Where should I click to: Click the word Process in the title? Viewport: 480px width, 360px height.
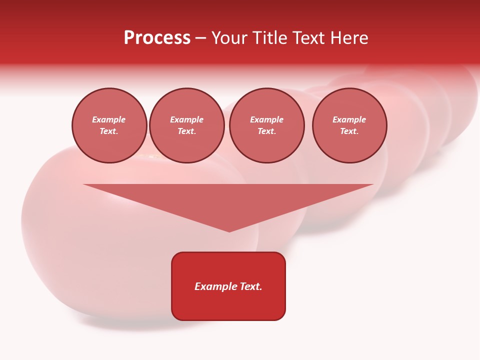tap(157, 38)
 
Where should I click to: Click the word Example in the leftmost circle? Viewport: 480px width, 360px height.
tap(109, 119)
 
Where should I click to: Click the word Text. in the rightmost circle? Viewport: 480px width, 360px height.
tap(349, 131)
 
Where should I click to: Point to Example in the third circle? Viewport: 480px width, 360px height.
tap(267, 119)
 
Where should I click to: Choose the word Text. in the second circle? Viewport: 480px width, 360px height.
tap(187, 131)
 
